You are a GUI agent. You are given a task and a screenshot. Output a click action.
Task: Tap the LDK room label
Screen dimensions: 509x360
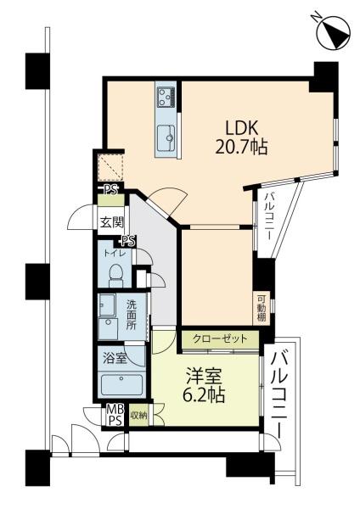(241, 128)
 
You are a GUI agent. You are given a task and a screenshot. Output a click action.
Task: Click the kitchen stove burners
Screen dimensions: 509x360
(165, 97)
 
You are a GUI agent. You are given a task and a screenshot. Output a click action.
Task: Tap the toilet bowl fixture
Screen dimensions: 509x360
(117, 273)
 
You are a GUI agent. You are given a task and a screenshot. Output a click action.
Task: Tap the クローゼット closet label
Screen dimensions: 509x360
(220, 339)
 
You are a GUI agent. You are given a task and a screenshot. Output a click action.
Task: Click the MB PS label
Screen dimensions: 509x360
(113, 416)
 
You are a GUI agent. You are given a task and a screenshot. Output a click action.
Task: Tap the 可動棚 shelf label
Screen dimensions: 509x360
(261, 307)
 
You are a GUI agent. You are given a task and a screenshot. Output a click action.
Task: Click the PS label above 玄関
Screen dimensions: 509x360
(110, 190)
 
